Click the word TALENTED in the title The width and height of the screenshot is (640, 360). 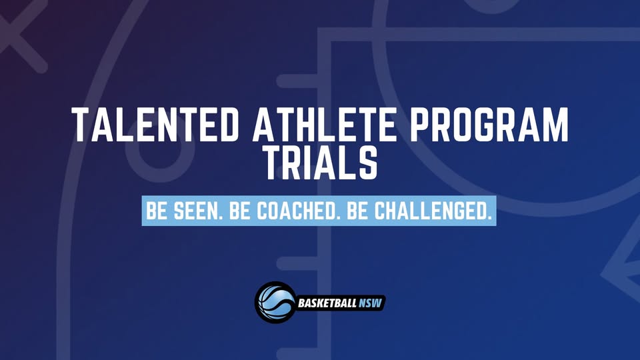tap(155, 125)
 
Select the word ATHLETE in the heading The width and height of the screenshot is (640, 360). tap(325, 125)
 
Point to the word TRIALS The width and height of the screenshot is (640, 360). tap(321, 163)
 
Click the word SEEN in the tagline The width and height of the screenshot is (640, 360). tap(196, 211)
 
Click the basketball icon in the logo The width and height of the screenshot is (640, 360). tap(275, 303)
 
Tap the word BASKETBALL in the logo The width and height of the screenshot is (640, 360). tap(327, 303)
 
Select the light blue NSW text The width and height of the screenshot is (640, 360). tap(370, 303)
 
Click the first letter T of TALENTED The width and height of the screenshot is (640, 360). tap(81, 125)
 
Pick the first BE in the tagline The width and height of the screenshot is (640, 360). tap(157, 211)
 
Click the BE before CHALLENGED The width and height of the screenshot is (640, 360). tap(357, 211)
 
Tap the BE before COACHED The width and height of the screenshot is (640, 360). tap(239, 211)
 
